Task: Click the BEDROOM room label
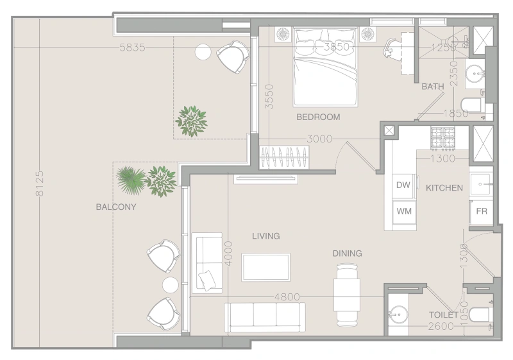318,117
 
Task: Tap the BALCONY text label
116,207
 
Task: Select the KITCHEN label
444,188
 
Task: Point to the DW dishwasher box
403,185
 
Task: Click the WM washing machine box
403,210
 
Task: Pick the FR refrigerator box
480,211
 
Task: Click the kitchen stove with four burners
442,137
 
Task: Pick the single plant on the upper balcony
191,120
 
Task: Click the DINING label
347,253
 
